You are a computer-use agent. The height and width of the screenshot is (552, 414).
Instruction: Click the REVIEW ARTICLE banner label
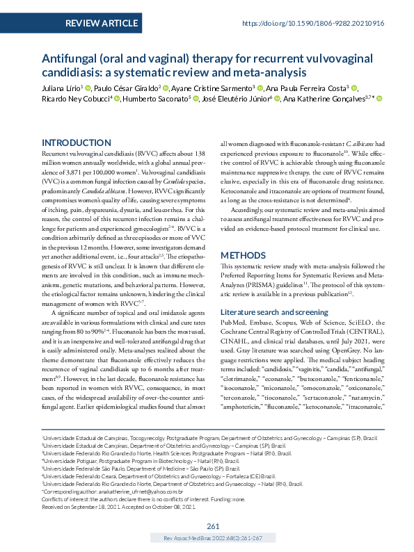tap(101, 23)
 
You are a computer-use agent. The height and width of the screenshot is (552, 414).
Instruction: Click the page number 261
tap(214, 526)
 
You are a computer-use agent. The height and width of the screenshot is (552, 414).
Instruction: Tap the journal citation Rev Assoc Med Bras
tap(214, 538)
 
